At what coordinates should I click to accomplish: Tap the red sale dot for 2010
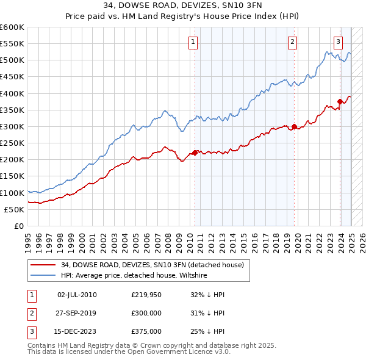(x=195, y=153)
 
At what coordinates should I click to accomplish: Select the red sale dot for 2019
(x=294, y=127)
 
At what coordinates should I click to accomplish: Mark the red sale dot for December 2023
(x=340, y=102)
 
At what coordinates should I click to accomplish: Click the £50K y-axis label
(x=14, y=209)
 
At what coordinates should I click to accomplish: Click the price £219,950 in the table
(x=146, y=295)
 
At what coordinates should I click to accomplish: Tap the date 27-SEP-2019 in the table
(x=76, y=313)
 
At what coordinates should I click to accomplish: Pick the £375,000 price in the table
(x=146, y=331)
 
